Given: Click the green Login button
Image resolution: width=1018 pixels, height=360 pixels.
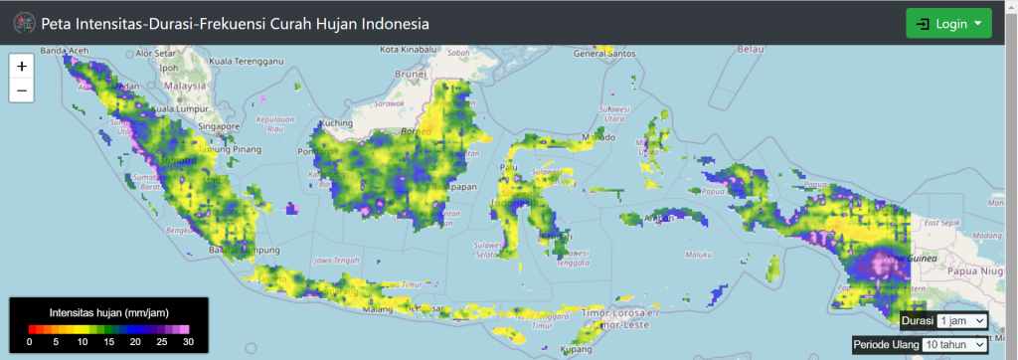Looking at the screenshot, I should point(948,23).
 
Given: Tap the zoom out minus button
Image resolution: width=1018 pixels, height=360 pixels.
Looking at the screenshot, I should point(22,90).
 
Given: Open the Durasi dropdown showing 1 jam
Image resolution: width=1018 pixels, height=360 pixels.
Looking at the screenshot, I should point(961,320).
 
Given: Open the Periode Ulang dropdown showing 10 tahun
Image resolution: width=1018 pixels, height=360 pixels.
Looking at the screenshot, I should point(954,344).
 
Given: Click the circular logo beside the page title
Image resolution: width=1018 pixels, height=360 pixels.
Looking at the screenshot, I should point(23,23).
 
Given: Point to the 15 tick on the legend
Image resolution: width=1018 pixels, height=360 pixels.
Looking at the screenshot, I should point(107,341).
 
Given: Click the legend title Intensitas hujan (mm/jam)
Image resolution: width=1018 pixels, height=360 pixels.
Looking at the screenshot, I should point(107,312).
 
